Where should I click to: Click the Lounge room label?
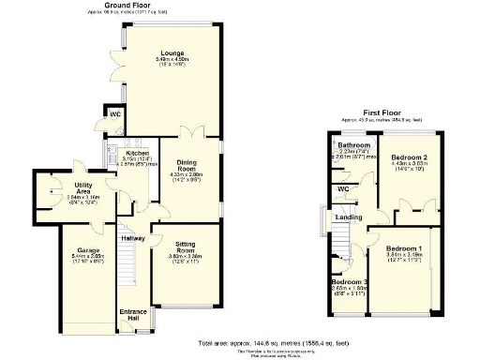(171, 53)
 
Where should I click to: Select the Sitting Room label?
(185, 248)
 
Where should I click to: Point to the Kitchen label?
(126, 152)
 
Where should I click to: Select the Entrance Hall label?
(131, 314)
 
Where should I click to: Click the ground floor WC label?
(113, 115)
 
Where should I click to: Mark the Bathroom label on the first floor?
(354, 146)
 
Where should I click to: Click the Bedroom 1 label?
(404, 247)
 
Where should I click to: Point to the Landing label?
(351, 217)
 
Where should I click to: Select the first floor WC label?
(343, 189)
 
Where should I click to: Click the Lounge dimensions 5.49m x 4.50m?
(171, 60)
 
